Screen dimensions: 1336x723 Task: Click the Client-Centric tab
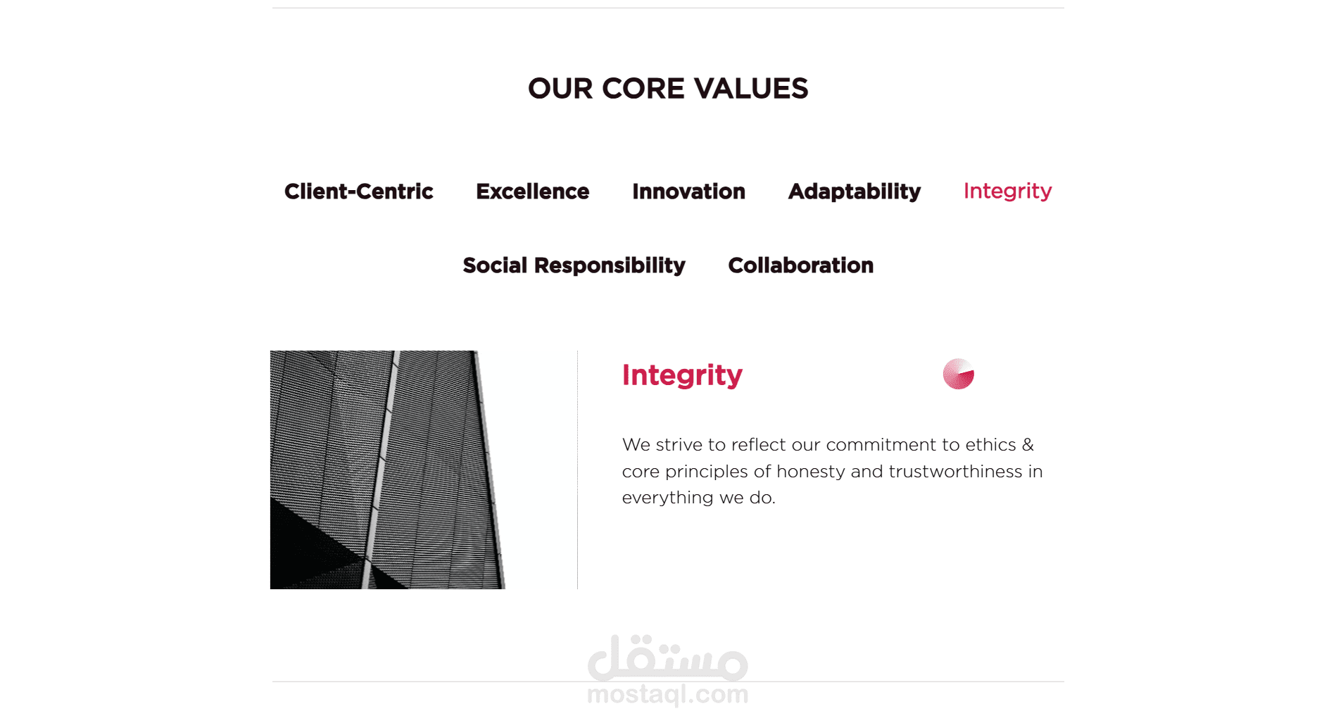(358, 191)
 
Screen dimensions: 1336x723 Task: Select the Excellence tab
(532, 191)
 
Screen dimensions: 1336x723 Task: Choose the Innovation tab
(688, 191)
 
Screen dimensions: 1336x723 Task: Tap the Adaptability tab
(855, 192)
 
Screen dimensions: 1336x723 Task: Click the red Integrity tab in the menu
(1007, 191)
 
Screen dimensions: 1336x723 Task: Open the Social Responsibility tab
(574, 265)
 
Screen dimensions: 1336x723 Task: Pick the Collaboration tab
(800, 265)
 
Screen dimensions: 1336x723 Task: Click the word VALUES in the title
(751, 89)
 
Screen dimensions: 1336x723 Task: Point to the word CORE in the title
(643, 89)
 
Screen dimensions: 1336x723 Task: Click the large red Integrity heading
(682, 376)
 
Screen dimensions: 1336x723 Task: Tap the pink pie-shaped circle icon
(959, 374)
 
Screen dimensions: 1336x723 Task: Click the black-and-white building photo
(388, 470)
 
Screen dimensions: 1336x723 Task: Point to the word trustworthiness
(955, 472)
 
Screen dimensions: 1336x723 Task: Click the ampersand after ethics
(1028, 445)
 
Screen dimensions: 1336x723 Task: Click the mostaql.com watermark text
(667, 695)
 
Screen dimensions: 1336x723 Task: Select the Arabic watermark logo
(667, 658)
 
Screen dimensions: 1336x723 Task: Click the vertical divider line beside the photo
(577, 470)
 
